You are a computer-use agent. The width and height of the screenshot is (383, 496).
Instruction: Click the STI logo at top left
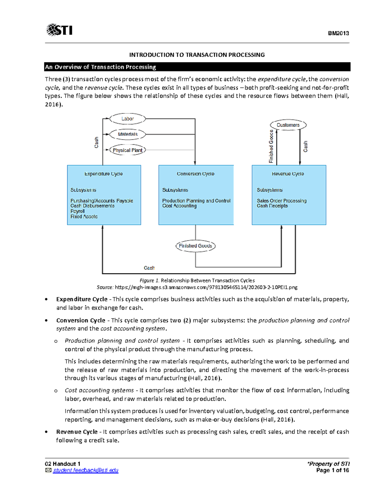click(59, 30)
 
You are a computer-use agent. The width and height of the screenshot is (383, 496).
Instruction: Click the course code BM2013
click(338, 33)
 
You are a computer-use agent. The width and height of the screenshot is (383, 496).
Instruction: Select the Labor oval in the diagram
click(127, 119)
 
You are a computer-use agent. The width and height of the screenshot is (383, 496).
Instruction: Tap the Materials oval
click(127, 134)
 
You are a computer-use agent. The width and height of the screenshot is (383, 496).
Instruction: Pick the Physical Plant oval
click(127, 150)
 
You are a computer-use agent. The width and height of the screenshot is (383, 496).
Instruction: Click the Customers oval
click(288, 125)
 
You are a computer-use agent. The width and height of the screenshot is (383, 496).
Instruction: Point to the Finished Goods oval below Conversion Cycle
click(195, 246)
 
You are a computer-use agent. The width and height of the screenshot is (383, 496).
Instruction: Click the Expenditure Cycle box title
click(103, 174)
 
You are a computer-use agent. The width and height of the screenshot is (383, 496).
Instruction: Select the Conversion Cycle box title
click(195, 174)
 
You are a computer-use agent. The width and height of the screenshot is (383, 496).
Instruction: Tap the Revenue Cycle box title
click(288, 174)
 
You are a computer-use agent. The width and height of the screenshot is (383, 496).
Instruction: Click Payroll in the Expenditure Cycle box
click(78, 211)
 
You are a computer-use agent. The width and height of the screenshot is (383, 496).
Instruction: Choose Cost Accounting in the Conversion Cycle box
click(179, 206)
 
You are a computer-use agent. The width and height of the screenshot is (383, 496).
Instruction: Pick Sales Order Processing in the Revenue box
click(282, 201)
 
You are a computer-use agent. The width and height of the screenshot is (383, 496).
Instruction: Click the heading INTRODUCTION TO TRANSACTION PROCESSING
click(197, 55)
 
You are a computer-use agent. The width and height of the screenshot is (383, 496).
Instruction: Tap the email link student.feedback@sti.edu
click(86, 470)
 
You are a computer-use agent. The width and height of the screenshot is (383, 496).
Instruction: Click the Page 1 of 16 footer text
click(332, 470)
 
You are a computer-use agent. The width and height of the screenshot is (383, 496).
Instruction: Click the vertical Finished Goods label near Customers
click(271, 147)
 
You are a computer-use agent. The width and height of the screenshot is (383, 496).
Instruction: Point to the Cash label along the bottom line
click(149, 268)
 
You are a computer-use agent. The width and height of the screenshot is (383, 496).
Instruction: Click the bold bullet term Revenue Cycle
click(77, 432)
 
